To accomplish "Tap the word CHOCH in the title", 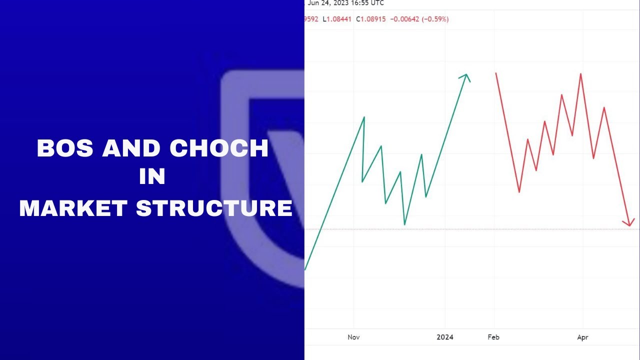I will (219, 148).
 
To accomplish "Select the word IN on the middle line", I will (152, 177).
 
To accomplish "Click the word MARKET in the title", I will (73, 208).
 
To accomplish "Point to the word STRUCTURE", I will (214, 208).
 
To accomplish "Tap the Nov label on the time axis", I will (353, 337).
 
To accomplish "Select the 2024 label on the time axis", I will (445, 337).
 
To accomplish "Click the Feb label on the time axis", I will (493, 337).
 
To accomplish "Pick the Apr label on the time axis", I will (582, 337).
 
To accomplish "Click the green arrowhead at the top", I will (465, 76).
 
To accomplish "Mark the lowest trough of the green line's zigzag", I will (404, 224).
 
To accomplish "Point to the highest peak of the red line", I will (580, 74).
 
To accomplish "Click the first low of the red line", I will (519, 192).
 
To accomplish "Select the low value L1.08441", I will (337, 19).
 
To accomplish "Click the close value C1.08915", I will (371, 19).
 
